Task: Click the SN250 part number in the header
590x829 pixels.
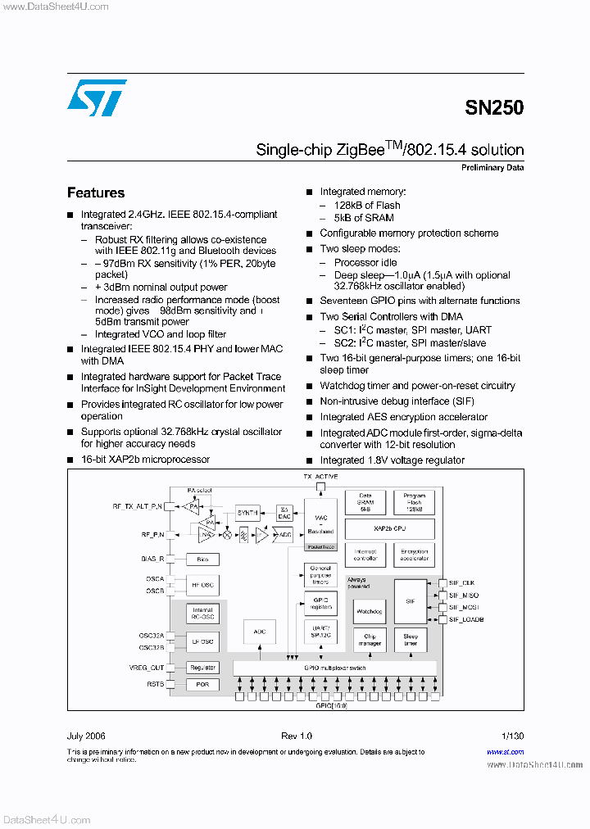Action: [494, 107]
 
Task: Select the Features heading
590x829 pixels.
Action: [96, 193]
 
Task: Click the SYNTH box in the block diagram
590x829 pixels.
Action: [247, 512]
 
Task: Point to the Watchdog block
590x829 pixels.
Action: [369, 611]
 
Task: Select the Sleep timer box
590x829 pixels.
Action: [411, 639]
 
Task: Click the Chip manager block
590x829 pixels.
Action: [369, 639]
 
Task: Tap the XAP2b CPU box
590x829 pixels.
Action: [389, 528]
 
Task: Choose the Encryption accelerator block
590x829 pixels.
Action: [415, 555]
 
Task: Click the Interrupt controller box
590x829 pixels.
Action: [365, 555]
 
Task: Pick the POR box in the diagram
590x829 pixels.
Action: [202, 684]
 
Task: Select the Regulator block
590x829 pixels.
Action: [202, 668]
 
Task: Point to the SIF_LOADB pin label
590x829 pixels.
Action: [467, 619]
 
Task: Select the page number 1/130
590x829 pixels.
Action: [512, 736]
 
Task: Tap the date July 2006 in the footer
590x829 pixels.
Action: [86, 736]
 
